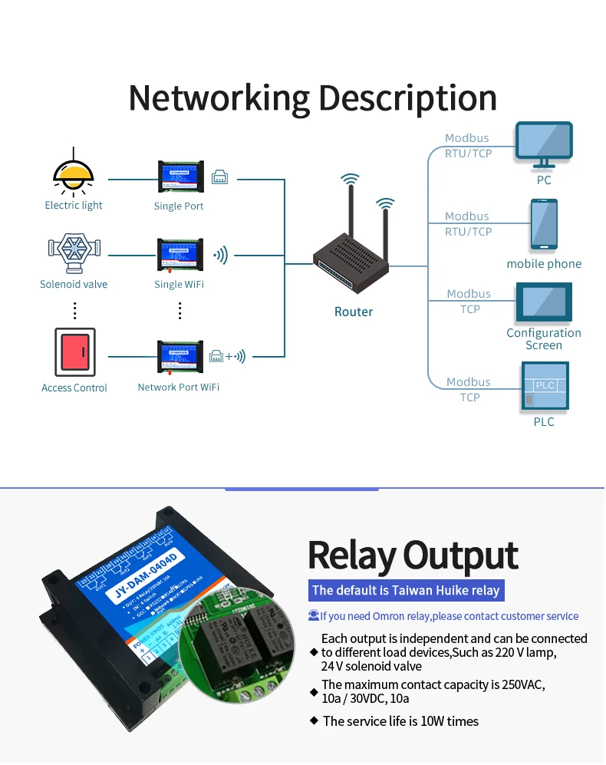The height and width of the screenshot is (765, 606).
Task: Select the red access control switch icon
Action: tap(74, 353)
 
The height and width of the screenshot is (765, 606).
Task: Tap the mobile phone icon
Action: tap(544, 225)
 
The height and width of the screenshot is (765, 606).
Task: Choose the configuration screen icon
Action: tap(544, 302)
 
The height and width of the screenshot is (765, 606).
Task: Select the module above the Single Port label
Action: tap(179, 177)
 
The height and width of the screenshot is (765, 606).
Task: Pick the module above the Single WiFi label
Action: tap(179, 256)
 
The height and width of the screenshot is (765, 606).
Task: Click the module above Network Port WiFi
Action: tap(179, 358)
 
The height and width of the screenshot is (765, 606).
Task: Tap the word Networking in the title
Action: tap(218, 98)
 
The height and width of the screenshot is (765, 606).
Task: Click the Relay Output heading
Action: tap(413, 556)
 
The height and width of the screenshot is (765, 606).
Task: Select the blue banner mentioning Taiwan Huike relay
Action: tap(406, 590)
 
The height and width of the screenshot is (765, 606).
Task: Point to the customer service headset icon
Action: tap(313, 615)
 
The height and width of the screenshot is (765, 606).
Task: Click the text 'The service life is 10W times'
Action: tap(400, 721)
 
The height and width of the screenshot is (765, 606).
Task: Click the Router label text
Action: tap(353, 312)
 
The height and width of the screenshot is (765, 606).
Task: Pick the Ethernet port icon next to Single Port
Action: tap(219, 177)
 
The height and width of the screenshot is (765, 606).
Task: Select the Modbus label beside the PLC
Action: tap(468, 382)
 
